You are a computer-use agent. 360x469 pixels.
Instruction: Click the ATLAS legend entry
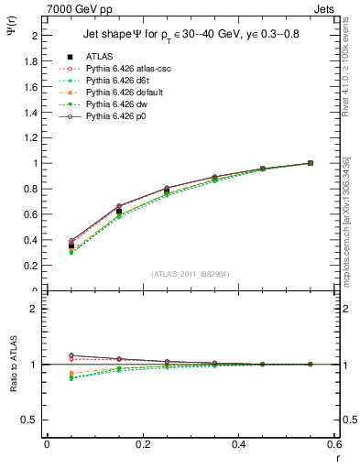(100, 56)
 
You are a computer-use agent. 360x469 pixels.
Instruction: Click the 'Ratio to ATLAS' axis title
(12, 365)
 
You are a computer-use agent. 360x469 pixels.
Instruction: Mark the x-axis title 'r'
(335, 455)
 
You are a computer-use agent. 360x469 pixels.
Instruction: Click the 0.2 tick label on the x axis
(142, 443)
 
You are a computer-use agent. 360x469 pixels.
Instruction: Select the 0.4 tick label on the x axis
(238, 443)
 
